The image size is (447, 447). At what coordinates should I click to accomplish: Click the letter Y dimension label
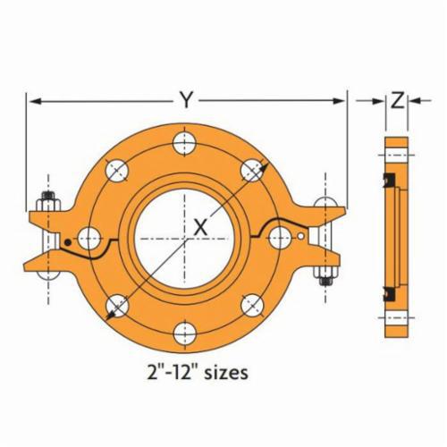click(x=184, y=100)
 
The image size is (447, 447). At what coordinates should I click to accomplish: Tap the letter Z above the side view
click(x=395, y=101)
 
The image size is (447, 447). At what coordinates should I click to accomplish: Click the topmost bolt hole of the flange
click(x=185, y=140)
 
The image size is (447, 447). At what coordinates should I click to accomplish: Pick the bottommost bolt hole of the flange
click(x=185, y=333)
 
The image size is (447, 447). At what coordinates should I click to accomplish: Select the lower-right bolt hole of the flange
click(x=253, y=304)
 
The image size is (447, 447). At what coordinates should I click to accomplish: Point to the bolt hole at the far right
click(x=281, y=237)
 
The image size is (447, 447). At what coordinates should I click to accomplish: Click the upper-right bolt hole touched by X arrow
click(x=253, y=169)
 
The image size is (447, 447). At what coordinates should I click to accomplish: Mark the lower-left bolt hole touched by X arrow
click(x=116, y=305)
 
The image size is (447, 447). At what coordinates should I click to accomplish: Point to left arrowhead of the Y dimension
click(x=30, y=101)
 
